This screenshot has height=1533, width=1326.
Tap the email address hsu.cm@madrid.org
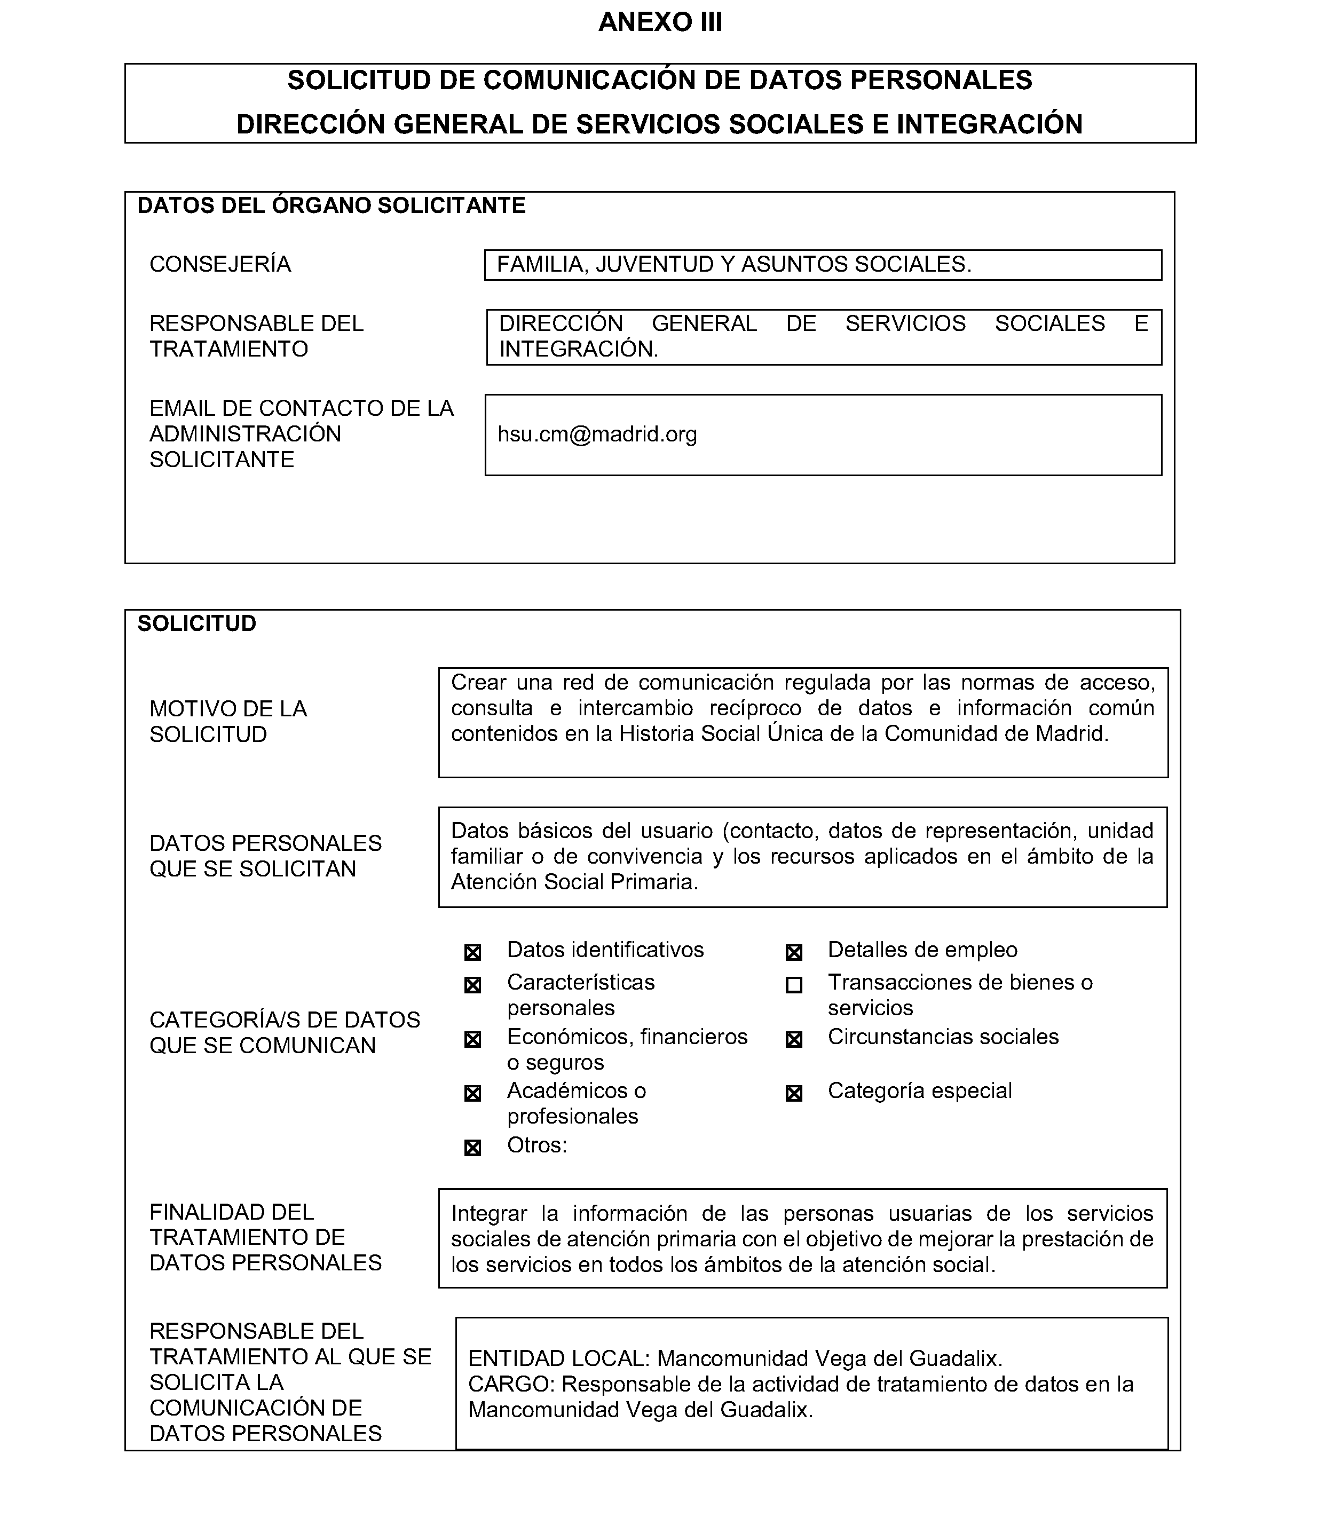tap(597, 434)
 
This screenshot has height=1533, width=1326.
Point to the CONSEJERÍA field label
tap(220, 264)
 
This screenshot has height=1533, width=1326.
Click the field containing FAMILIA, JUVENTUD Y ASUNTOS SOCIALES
tap(822, 265)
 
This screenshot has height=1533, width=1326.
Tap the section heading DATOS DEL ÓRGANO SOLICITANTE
tap(331, 206)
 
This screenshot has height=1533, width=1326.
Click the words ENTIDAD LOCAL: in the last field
tap(559, 1358)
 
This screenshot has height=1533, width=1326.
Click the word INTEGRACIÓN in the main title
tap(989, 124)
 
